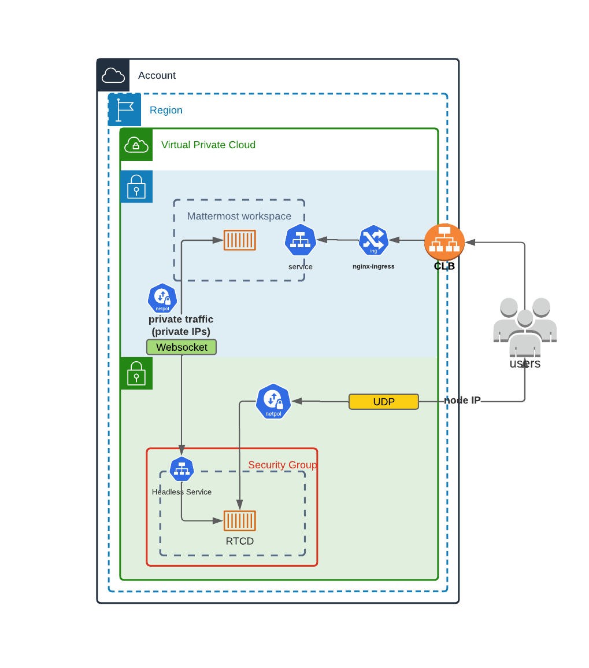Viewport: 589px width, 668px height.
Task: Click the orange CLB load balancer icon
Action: pyautogui.click(x=444, y=242)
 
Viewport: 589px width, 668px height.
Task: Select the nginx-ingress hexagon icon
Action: pyautogui.click(x=373, y=240)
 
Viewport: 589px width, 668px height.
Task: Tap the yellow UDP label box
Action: pyautogui.click(x=383, y=402)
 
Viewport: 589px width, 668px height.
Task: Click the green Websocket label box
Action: pyautogui.click(x=181, y=347)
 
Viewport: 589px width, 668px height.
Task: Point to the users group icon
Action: pyautogui.click(x=525, y=328)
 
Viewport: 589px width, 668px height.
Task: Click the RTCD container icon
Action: pyautogui.click(x=240, y=520)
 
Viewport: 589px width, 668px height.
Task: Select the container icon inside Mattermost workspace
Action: pyautogui.click(x=240, y=240)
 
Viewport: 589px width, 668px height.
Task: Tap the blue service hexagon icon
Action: pyautogui.click(x=300, y=240)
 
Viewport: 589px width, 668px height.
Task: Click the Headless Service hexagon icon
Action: pyautogui.click(x=181, y=469)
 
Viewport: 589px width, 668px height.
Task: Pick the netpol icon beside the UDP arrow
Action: pyautogui.click(x=273, y=401)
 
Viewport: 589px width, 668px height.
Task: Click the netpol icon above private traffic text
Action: pyautogui.click(x=162, y=298)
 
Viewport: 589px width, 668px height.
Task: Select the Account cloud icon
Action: pyautogui.click(x=113, y=75)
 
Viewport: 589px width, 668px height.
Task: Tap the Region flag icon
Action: pyautogui.click(x=125, y=110)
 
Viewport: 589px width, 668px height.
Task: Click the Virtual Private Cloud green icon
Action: pyautogui.click(x=136, y=145)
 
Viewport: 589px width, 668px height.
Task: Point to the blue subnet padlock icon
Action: pyautogui.click(x=136, y=186)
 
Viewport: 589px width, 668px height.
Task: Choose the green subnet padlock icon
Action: pyautogui.click(x=136, y=373)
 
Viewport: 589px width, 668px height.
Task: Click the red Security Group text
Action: pyautogui.click(x=282, y=465)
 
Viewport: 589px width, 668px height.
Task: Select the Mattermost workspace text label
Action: pyautogui.click(x=239, y=216)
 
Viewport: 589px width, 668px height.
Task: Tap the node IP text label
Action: pyautogui.click(x=462, y=401)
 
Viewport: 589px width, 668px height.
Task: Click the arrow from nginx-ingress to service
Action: pyautogui.click(x=338, y=240)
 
